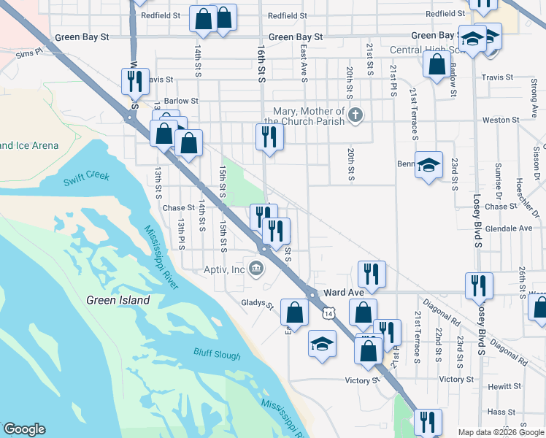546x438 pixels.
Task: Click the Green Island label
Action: [118, 300]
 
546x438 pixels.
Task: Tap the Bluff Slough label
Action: [217, 354]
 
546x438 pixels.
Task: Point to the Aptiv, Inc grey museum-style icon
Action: [256, 269]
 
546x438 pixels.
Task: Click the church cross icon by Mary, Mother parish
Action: [355, 115]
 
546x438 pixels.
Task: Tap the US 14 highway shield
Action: [329, 313]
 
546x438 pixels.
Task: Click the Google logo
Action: [24, 429]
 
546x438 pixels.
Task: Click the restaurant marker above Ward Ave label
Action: [371, 274]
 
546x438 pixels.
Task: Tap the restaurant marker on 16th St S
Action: [269, 137]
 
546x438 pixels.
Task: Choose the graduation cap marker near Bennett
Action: [428, 164]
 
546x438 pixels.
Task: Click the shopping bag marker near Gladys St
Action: [294, 313]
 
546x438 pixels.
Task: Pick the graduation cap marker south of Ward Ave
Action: [321, 344]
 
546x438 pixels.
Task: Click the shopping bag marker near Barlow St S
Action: [437, 64]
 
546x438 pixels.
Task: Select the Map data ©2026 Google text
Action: [500, 432]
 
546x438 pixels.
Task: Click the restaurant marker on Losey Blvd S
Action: [479, 285]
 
